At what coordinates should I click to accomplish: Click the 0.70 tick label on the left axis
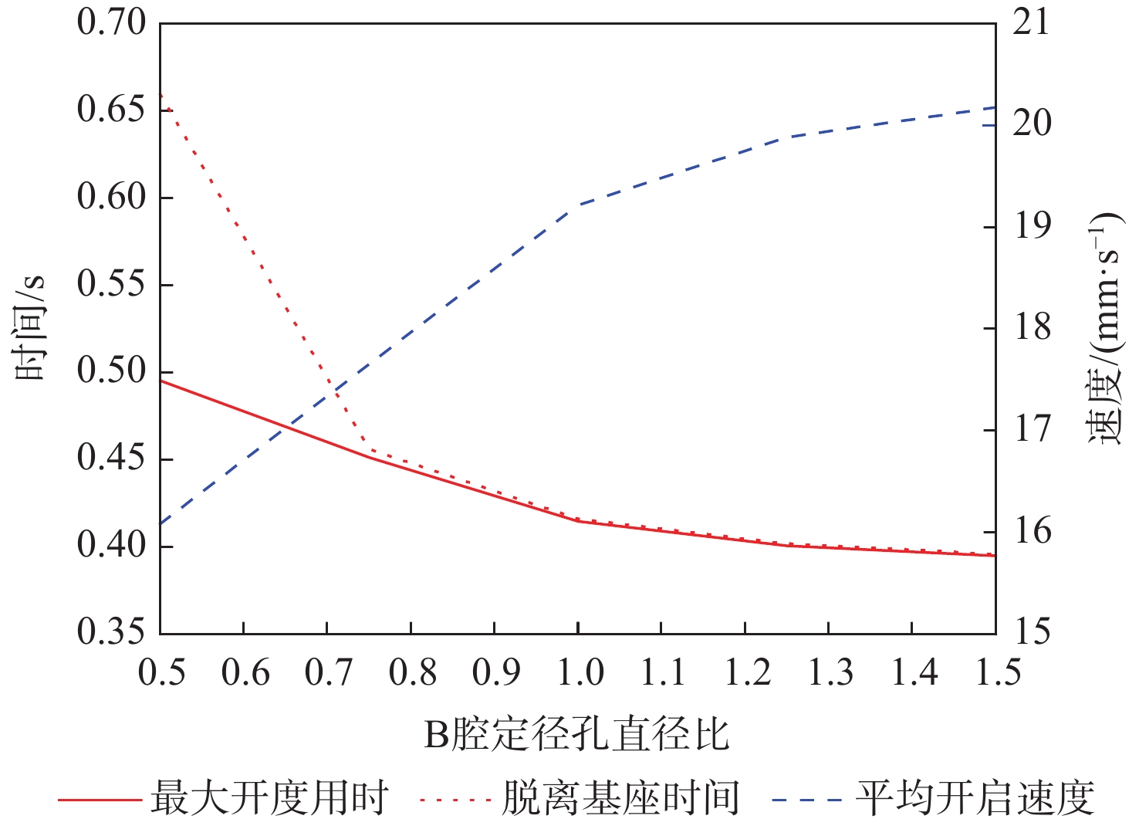pyautogui.click(x=111, y=22)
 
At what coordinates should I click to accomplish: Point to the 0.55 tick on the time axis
pyautogui.click(x=111, y=284)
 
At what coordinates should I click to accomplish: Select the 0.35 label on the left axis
pyautogui.click(x=111, y=632)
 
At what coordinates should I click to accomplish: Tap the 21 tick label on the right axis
pyautogui.click(x=1032, y=22)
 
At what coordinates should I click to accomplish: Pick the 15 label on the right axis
pyautogui.click(x=1032, y=632)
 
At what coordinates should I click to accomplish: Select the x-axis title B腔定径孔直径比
pyautogui.click(x=576, y=734)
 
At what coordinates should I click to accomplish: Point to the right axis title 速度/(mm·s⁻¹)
pyautogui.click(x=1105, y=327)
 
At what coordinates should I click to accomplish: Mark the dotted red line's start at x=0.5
pyautogui.click(x=161, y=94)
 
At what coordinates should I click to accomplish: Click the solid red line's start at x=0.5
pyautogui.click(x=161, y=381)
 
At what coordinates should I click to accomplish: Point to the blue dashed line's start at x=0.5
pyautogui.click(x=161, y=524)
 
